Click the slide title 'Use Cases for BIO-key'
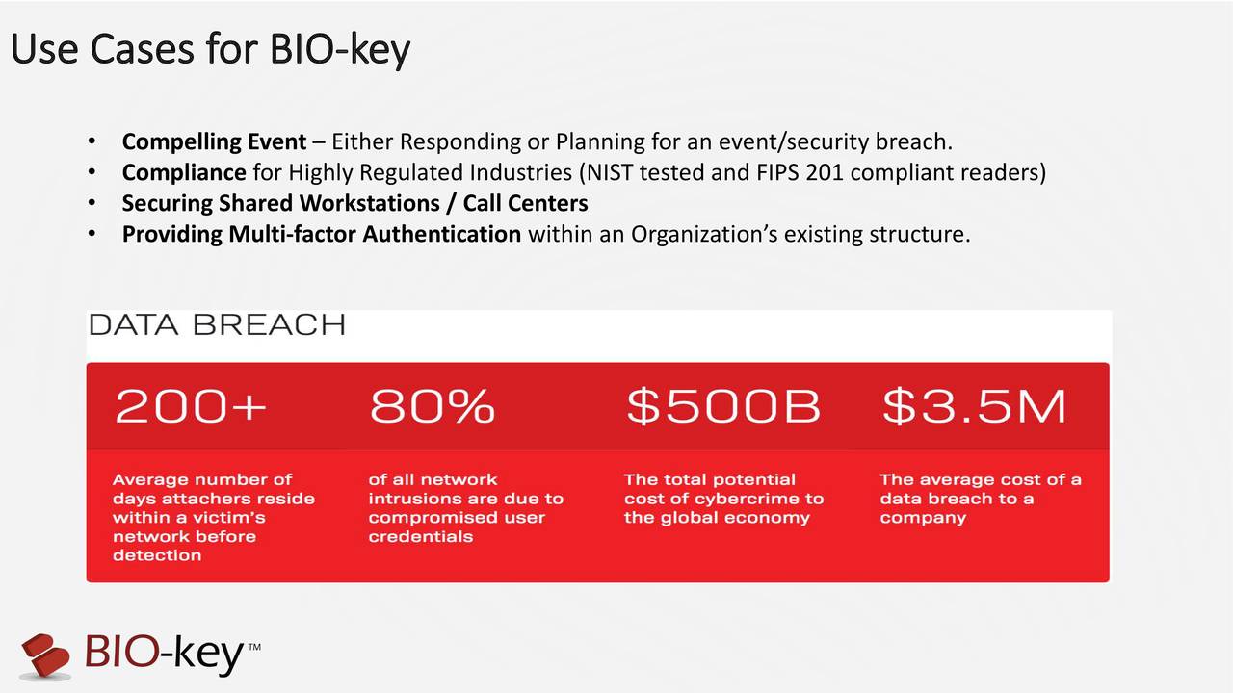tap(210, 50)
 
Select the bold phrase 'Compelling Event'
tap(214, 142)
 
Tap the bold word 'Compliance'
tap(183, 173)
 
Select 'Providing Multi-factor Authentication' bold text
tap(321, 234)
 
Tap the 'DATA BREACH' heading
tap(217, 325)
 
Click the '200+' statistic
tap(191, 407)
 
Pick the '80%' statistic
tap(432, 407)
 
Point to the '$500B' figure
tap(722, 407)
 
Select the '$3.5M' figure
tap(974, 407)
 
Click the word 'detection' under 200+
tap(157, 555)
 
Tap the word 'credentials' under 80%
tap(420, 536)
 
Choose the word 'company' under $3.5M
tap(922, 517)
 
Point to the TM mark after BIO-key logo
tap(254, 647)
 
